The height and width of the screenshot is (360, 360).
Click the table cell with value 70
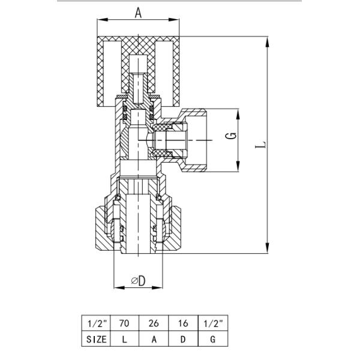[x=124, y=323]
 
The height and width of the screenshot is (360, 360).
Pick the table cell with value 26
[x=154, y=323]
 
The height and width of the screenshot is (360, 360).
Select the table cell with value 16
[x=184, y=323]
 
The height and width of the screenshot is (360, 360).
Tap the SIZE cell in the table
[x=95, y=339]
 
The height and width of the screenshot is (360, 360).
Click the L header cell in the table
[x=124, y=339]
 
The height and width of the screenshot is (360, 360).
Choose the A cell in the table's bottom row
[x=154, y=339]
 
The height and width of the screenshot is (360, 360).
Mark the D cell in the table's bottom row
[x=184, y=339]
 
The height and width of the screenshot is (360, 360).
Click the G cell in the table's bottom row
[x=213, y=339]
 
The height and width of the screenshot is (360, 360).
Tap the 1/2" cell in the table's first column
[x=95, y=323]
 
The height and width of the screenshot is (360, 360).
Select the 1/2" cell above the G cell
[x=213, y=323]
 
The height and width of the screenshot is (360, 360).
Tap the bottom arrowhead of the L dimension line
[x=265, y=250]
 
